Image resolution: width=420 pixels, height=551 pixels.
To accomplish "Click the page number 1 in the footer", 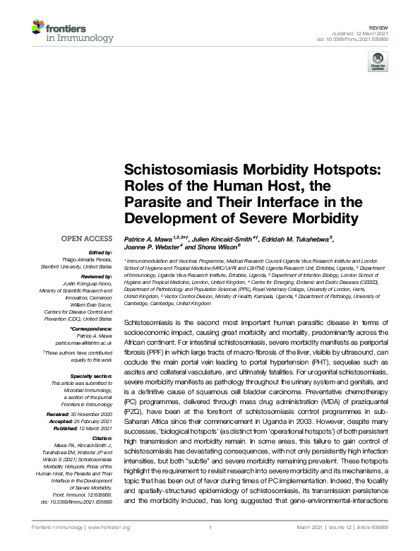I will (x=210, y=528).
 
